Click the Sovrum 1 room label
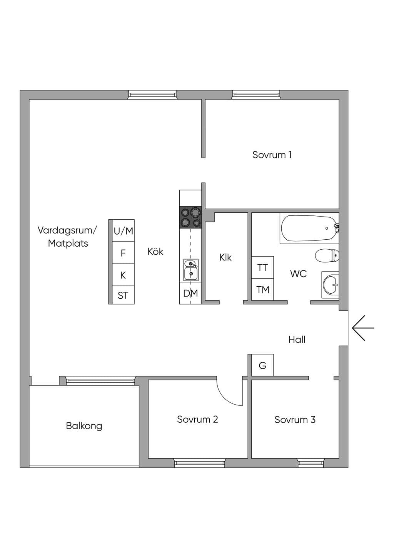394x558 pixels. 272,155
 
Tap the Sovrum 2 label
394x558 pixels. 197,419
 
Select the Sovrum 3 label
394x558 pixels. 295,420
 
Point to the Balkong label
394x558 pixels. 84,426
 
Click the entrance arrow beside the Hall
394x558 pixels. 363,328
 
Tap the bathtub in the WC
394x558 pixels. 309,228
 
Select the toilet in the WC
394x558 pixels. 327,255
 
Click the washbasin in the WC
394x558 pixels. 331,285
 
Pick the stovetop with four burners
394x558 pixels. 190,217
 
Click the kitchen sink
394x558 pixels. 191,270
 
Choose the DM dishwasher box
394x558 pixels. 190,293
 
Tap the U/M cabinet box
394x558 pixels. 124,231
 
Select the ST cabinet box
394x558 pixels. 124,295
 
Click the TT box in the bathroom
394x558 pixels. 263,267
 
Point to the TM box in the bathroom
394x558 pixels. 263,289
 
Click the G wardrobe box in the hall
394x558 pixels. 263,365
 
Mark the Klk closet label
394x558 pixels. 225,257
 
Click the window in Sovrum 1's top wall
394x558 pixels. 256,95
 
